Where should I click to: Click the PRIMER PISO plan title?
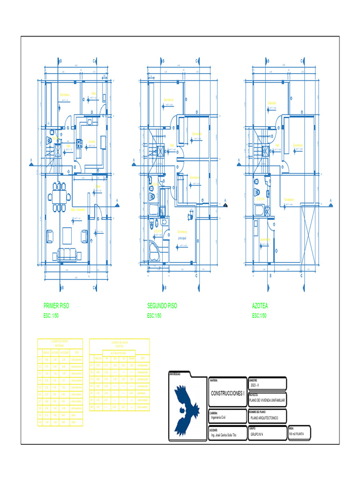56,306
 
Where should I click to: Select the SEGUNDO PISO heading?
162,306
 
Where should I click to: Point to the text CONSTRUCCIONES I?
227,393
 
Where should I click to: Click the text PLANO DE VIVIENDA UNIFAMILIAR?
268,400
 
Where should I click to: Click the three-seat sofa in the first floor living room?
67,255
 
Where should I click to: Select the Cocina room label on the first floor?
92,142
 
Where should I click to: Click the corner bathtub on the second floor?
154,251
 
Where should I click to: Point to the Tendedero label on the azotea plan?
289,200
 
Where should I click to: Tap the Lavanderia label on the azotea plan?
265,240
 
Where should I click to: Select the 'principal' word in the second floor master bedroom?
182,238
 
